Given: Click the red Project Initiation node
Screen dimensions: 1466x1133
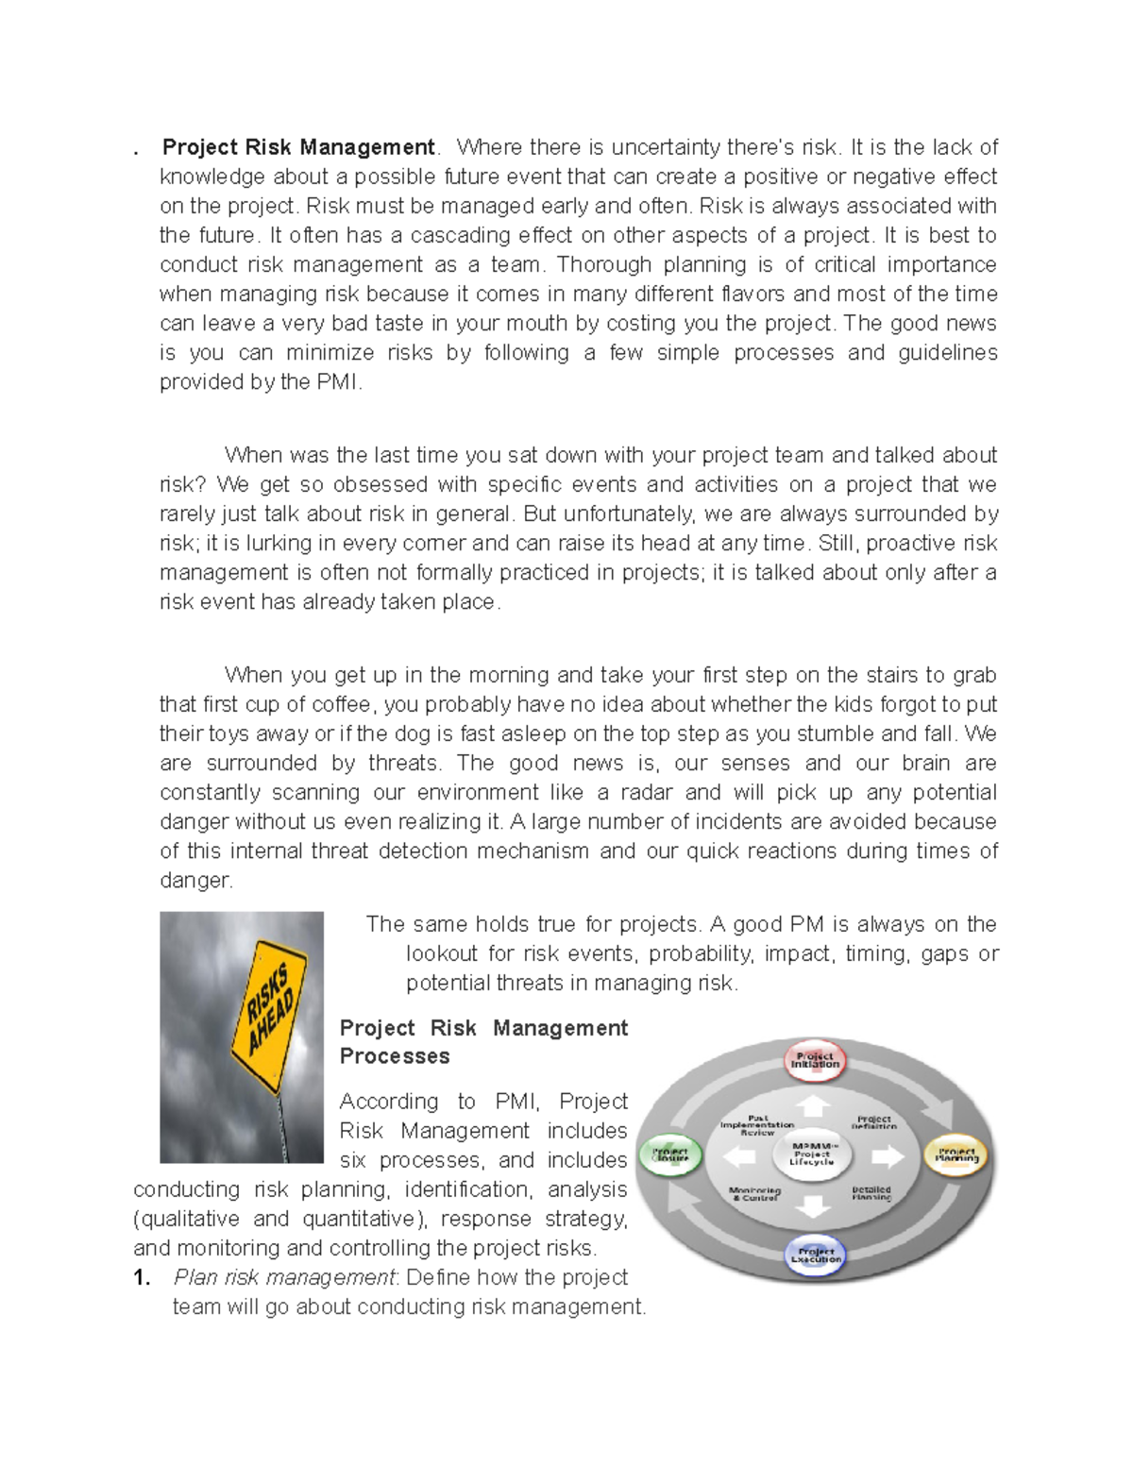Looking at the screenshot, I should (x=814, y=1061).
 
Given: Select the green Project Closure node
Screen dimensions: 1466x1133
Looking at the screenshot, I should (x=669, y=1155).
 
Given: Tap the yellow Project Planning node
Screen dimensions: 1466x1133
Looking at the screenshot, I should (x=956, y=1155).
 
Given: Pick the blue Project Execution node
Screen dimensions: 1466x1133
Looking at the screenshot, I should (x=816, y=1255).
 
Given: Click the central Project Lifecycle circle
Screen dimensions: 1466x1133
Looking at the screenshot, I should (x=812, y=1154).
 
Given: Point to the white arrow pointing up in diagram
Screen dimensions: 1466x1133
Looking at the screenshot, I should (x=813, y=1105).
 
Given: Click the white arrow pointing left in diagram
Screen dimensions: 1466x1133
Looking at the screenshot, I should (x=739, y=1156).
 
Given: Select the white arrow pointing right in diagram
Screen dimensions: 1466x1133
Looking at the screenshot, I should (x=887, y=1156).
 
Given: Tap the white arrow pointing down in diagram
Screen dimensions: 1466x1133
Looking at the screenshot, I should (x=813, y=1205).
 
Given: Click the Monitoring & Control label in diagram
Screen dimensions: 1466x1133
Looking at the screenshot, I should (x=754, y=1193).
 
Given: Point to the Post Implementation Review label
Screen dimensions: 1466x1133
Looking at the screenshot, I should (x=756, y=1125).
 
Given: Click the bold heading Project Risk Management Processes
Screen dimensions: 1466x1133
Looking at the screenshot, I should (x=483, y=1042).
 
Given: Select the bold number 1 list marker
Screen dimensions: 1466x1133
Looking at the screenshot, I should (x=142, y=1278).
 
